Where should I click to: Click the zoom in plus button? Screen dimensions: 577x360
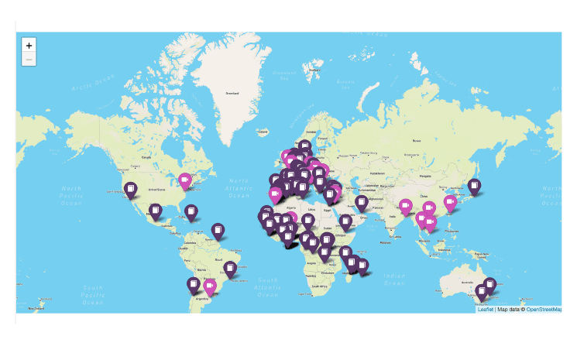point(29,46)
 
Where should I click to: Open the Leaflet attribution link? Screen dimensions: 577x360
point(486,309)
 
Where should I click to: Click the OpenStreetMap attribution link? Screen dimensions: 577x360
point(544,309)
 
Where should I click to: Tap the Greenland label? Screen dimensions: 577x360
point(232,94)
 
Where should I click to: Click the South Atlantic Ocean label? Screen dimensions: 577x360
point(268,286)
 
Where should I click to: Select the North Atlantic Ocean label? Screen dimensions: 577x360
point(239,186)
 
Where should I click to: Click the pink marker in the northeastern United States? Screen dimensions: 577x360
point(185,180)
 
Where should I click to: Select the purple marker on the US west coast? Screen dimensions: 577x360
point(131,189)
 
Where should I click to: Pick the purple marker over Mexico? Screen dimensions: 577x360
point(156,210)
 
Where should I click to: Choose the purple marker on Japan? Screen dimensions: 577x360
point(474,186)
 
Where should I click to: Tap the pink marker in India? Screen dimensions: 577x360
point(404,206)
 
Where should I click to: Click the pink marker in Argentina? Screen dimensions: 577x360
point(209,286)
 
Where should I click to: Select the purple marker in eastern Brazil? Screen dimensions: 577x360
point(230,268)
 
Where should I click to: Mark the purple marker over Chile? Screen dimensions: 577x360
point(193,284)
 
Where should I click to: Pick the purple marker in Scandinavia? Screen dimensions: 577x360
point(305,146)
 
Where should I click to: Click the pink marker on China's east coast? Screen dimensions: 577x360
point(450,202)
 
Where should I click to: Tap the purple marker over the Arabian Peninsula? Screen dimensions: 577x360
point(361,203)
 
